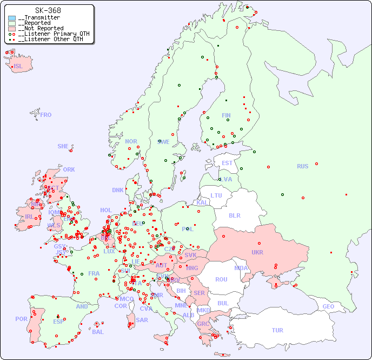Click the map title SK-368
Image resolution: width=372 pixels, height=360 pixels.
[x=48, y=10]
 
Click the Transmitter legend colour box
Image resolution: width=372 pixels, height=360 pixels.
[x=12, y=18]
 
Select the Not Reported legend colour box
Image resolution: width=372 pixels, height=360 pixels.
[x=12, y=28]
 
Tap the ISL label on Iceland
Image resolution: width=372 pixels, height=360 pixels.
[x=18, y=67]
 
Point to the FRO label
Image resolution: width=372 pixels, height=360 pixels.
[x=46, y=115]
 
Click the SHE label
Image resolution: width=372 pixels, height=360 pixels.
[x=63, y=146]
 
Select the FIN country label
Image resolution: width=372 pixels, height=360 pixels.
[x=226, y=115]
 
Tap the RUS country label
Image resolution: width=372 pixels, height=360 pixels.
[x=302, y=166]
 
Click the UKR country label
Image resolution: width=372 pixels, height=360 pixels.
[x=257, y=252]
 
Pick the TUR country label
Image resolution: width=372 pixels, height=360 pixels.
[x=277, y=330]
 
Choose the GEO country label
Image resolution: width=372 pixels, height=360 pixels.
[x=328, y=306]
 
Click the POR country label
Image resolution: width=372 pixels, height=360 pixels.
[x=21, y=319]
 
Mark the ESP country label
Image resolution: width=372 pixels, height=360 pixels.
[x=58, y=321]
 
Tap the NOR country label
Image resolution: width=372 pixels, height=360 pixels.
[x=131, y=141]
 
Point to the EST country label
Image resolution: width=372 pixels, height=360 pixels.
[x=227, y=163]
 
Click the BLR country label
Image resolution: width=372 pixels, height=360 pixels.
[x=234, y=215]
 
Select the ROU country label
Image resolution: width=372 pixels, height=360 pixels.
[x=221, y=279]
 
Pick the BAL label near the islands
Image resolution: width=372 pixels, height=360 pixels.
[x=98, y=332]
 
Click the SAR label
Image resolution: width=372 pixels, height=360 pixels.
[x=142, y=320]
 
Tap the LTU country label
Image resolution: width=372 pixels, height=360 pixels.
[x=216, y=195]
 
